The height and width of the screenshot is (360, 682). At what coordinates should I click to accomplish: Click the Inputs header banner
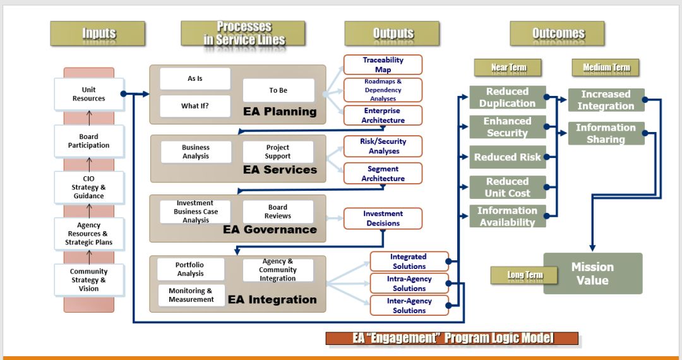click(98, 33)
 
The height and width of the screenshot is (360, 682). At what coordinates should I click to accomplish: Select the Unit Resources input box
click(88, 94)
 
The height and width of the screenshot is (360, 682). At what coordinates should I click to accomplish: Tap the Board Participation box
click(88, 141)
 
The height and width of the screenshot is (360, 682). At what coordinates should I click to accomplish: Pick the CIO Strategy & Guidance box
click(88, 187)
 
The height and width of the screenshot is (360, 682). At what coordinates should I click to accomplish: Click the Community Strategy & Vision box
click(88, 280)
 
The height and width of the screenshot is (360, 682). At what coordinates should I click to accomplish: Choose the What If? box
click(194, 105)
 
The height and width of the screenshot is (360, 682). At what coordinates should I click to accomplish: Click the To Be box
click(278, 90)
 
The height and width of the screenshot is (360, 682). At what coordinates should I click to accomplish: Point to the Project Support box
click(278, 152)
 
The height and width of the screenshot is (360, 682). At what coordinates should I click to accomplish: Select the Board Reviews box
click(278, 212)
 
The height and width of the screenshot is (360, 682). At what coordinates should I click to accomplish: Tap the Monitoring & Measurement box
click(191, 295)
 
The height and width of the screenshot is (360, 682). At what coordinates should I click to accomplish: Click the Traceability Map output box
click(383, 64)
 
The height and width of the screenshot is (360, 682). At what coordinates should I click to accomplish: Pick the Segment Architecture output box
click(383, 174)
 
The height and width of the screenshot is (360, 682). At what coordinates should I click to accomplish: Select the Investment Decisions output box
click(383, 219)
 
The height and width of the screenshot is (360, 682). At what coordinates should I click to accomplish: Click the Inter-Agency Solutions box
click(409, 306)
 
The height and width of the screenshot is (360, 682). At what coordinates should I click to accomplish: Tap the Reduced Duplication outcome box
click(507, 97)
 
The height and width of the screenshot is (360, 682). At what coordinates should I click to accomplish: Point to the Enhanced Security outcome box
click(507, 127)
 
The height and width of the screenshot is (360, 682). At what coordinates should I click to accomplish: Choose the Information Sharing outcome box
click(606, 133)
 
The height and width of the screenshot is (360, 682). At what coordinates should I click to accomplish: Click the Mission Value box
click(592, 273)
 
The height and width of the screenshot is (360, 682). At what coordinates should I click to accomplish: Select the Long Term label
click(525, 275)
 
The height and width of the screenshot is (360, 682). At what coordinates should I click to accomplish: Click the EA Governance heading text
click(270, 230)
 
